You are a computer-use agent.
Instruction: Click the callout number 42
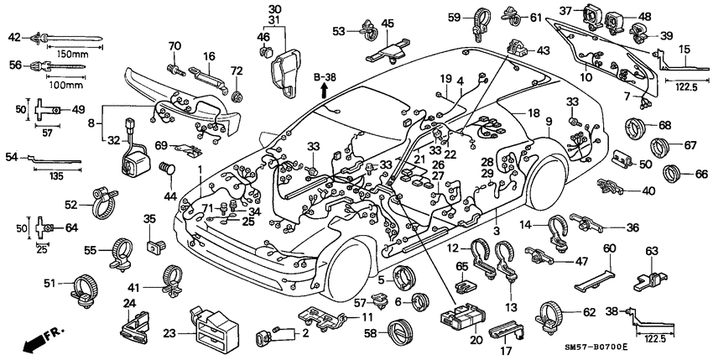(x=14, y=36)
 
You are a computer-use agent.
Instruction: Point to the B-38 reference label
(x=324, y=78)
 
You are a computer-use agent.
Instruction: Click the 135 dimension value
(x=56, y=177)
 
